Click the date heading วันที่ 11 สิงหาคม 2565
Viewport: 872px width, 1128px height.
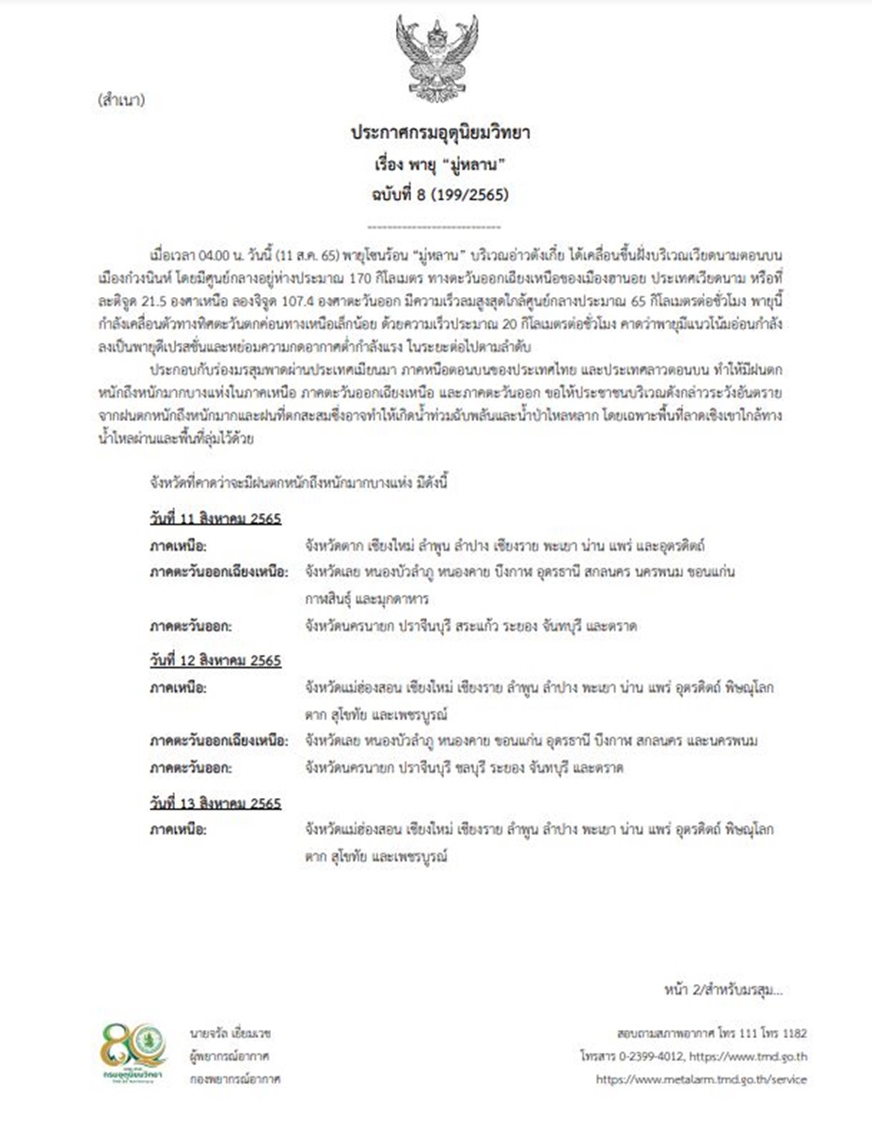click(x=214, y=520)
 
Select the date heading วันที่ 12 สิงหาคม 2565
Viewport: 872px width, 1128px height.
click(x=214, y=662)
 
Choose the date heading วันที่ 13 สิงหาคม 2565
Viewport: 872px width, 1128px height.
click(x=214, y=804)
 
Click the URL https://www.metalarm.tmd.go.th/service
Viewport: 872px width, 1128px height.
click(x=701, y=1079)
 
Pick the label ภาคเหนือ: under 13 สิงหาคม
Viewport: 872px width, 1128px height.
click(x=178, y=830)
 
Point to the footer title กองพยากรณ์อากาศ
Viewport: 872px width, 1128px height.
click(x=235, y=1079)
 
